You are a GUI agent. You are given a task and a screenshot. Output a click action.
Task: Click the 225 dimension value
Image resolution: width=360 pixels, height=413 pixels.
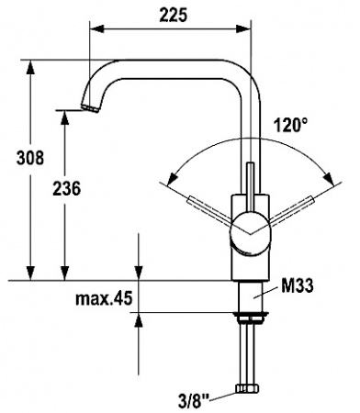(x=173, y=15)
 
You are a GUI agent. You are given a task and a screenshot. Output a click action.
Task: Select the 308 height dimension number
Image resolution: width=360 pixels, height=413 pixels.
(x=30, y=158)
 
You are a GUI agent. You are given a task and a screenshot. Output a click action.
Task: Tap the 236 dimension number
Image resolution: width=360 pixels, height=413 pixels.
(x=66, y=188)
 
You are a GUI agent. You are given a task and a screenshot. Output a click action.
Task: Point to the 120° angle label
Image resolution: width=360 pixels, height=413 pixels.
(x=290, y=125)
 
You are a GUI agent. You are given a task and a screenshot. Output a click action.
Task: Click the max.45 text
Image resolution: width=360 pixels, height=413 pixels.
(x=104, y=298)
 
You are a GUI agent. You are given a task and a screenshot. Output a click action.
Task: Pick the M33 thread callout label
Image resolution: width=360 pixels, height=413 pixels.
(x=297, y=286)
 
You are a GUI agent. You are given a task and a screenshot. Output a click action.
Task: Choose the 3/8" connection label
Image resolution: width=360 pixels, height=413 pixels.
(x=194, y=401)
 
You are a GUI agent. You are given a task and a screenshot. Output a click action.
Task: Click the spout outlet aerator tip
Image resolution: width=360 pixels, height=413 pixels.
(x=90, y=108)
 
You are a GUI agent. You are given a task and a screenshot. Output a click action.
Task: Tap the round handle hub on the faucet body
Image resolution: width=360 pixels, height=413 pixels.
(x=251, y=233)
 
